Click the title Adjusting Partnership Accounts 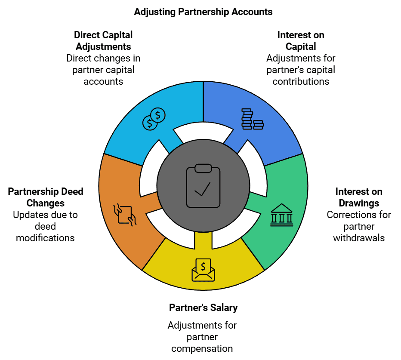coord(203,12)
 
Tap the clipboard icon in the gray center coord(203,186)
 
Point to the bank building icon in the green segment coord(281,215)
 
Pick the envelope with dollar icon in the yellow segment coord(203,270)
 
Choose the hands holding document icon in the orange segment coord(125,215)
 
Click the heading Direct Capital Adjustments coord(103,40)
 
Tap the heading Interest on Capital coord(301,40)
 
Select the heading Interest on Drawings coord(359,197)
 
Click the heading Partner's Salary coord(203,308)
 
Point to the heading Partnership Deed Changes coord(46,197)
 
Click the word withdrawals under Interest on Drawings coord(359,238)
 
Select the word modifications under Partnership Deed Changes coord(45,238)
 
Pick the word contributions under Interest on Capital coord(301,81)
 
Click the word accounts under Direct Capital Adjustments coord(103,81)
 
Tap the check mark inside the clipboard coord(203,189)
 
